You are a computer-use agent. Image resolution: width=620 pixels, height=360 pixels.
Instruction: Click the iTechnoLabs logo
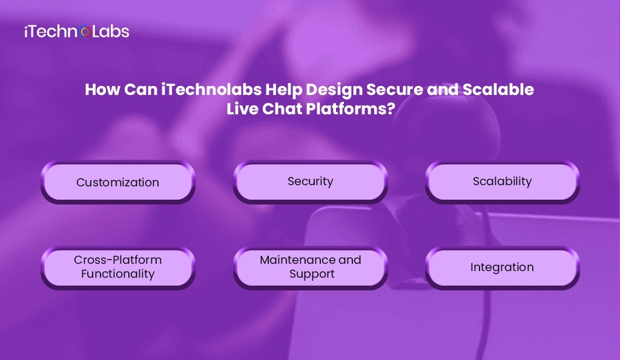pos(76,31)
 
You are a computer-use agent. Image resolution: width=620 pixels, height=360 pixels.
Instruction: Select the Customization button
pos(117,182)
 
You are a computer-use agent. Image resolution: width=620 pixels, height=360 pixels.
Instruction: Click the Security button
pos(310,181)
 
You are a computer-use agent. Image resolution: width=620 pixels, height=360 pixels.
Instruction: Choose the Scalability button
pos(502,181)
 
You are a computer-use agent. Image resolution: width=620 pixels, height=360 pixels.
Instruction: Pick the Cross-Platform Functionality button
pos(117,267)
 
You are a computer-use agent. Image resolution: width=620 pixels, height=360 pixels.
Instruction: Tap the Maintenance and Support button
pos(310,267)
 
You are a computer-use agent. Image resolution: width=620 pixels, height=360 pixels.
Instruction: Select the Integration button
pos(502,267)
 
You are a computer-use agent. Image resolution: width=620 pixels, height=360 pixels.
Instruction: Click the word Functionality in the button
pos(117,274)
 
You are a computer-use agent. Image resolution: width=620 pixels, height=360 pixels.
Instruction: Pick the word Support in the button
pos(311,274)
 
